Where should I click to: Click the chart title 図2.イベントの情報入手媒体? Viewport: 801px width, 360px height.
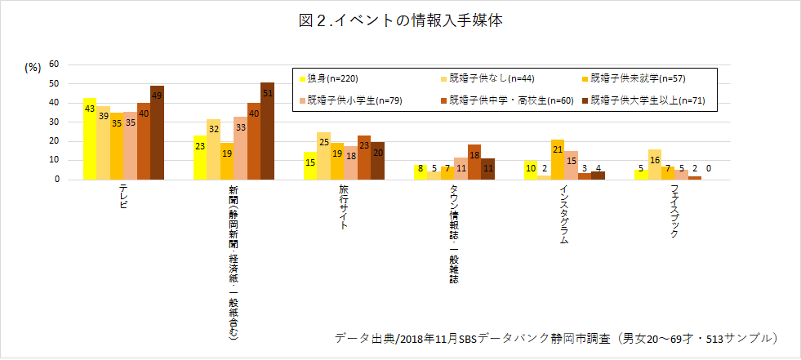[400, 21]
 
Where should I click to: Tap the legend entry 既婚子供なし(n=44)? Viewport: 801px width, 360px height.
[481, 79]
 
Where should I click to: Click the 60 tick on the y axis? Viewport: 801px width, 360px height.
[54, 64]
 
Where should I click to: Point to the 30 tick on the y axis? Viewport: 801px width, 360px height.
[54, 122]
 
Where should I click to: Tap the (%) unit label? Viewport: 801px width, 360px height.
[33, 69]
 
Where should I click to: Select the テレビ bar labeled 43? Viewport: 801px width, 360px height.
[90, 139]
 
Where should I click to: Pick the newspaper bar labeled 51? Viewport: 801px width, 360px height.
[267, 131]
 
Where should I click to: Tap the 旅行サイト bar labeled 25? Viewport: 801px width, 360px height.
[324, 156]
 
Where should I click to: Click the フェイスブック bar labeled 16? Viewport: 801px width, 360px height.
[655, 164]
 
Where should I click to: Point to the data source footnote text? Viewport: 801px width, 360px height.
[555, 337]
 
